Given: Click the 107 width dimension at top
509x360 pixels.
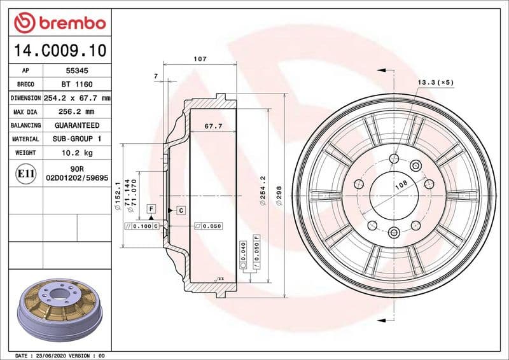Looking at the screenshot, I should click(200, 59).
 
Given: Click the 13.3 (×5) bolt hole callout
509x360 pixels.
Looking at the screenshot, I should click(436, 83).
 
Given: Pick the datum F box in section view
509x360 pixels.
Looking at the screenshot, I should click(151, 209).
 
